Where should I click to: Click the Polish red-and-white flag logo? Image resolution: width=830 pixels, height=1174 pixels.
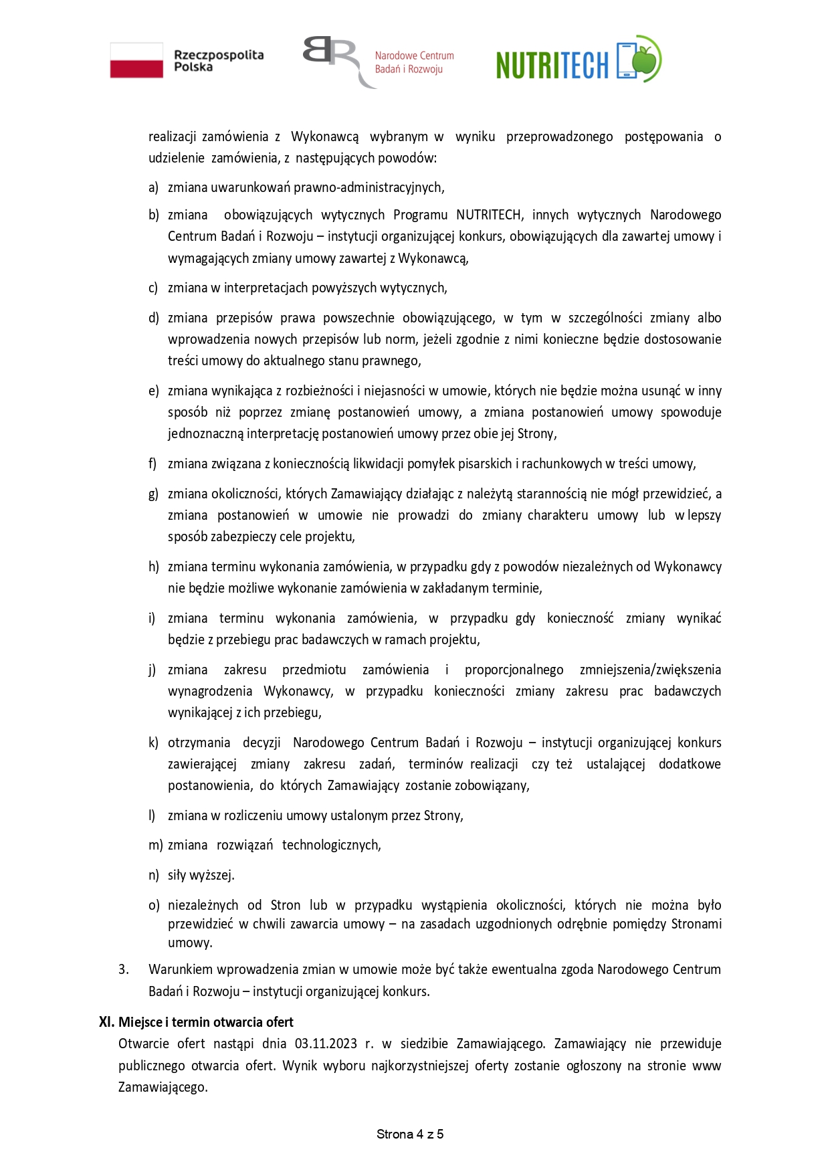pyautogui.click(x=136, y=60)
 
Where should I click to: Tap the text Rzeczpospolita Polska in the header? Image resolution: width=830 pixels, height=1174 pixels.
pyautogui.click(x=218, y=61)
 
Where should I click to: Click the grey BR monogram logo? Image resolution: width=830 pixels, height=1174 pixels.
pyautogui.click(x=332, y=60)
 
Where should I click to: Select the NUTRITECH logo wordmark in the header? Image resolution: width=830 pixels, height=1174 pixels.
pyautogui.click(x=552, y=65)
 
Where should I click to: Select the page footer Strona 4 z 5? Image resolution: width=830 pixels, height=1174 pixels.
pyautogui.click(x=410, y=1134)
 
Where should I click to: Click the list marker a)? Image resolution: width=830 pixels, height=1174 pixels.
pyautogui.click(x=153, y=187)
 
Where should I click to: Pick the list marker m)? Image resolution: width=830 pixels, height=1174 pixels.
pyautogui.click(x=155, y=845)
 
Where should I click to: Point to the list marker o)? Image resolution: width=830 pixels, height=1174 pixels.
pyautogui.click(x=154, y=905)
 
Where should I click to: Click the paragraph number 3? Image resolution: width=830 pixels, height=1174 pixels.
pyautogui.click(x=123, y=969)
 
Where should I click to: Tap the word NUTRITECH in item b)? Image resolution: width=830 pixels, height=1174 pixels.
pyautogui.click(x=488, y=215)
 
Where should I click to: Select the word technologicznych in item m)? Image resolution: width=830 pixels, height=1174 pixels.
pyautogui.click(x=331, y=845)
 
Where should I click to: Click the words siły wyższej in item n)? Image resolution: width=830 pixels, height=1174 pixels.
pyautogui.click(x=201, y=875)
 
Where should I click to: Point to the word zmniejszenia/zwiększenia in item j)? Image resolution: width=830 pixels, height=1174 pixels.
pyautogui.click(x=650, y=670)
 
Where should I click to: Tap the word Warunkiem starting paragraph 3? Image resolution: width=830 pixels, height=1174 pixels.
pyautogui.click(x=177, y=969)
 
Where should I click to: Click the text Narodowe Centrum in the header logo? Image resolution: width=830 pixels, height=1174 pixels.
pyautogui.click(x=414, y=56)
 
